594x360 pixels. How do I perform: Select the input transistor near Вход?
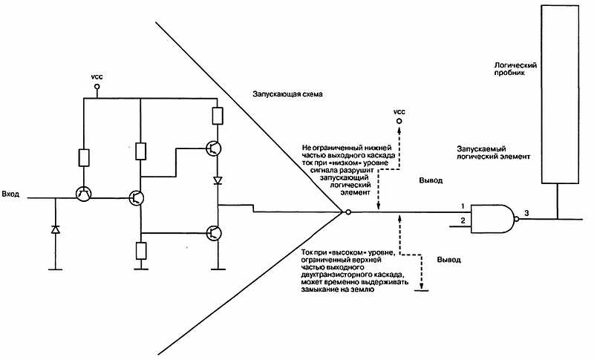click(x=83, y=194)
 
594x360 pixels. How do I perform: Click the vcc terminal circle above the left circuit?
click(x=97, y=87)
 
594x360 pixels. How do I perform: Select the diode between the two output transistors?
click(x=218, y=180)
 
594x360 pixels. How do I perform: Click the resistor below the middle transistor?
click(x=140, y=250)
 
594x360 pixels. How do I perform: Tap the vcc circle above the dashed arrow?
click(x=399, y=120)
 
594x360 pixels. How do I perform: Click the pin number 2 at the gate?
click(x=463, y=221)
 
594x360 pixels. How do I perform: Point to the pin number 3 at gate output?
click(x=526, y=214)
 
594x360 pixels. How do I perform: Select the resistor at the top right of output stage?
click(x=218, y=116)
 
